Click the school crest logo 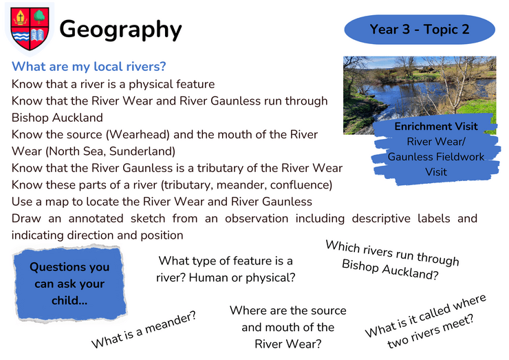pyautogui.click(x=30, y=29)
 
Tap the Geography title pyautogui.click(x=120, y=30)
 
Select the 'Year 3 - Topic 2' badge pyautogui.click(x=420, y=29)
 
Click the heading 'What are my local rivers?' pyautogui.click(x=89, y=67)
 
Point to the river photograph pyautogui.click(x=420, y=95)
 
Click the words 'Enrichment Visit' pyautogui.click(x=436, y=126)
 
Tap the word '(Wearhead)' pyautogui.click(x=138, y=134)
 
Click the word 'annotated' pyautogui.click(x=96, y=218)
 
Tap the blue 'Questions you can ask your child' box pyautogui.click(x=69, y=284)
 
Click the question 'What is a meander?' pyautogui.click(x=144, y=330)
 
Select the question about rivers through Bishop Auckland pyautogui.click(x=392, y=260)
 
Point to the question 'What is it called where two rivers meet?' pyautogui.click(x=425, y=321)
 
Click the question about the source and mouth pyautogui.click(x=288, y=327)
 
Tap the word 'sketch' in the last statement pyautogui.click(x=148, y=218)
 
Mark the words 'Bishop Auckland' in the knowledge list pyautogui.click(x=57, y=118)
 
